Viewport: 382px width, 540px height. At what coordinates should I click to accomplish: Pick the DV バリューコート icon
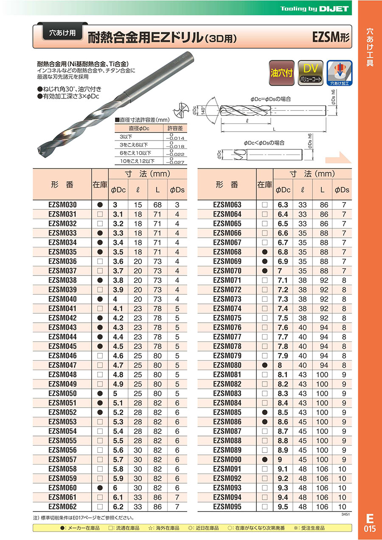310,73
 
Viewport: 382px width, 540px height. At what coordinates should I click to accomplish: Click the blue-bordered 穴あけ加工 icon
339,73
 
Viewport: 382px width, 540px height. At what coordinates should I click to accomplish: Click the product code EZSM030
62,205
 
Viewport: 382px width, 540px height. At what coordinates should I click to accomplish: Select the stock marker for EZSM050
100,394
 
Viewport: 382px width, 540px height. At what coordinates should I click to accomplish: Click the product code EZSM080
227,365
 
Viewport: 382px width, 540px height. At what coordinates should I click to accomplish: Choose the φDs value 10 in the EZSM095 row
342,507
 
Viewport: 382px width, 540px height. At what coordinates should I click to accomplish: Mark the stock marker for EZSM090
265,460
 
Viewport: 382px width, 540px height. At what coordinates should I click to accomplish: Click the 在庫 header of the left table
100,185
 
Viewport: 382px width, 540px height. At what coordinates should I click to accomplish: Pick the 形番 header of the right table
227,185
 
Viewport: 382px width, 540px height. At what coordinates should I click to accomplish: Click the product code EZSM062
62,507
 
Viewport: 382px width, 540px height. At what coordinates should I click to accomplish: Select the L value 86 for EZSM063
324,205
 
